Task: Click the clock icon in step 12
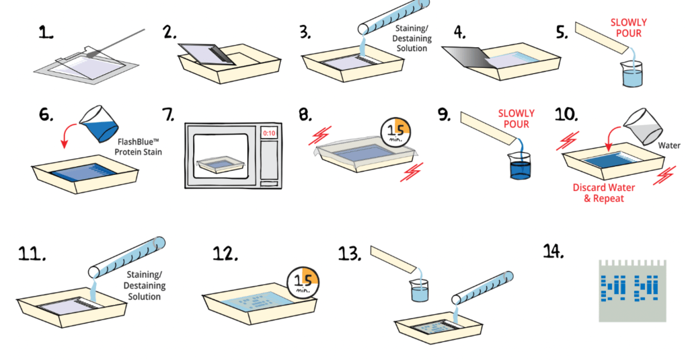click(x=304, y=282)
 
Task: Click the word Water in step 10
click(x=669, y=145)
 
